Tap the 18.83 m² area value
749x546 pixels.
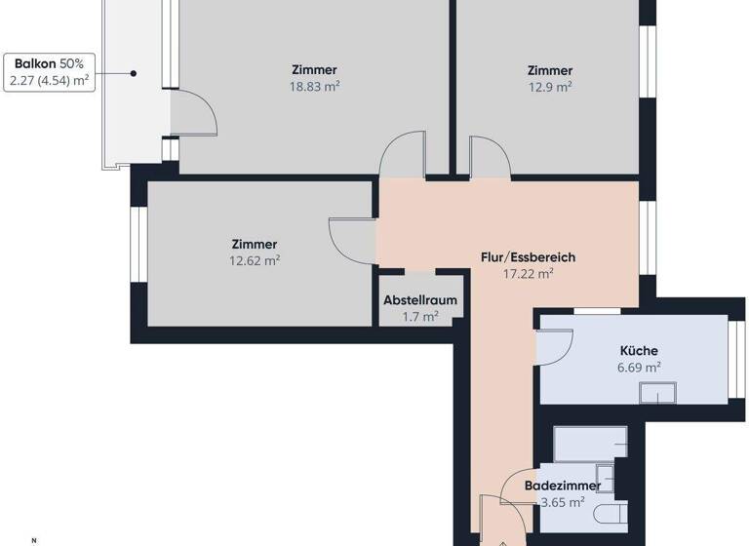click(x=314, y=87)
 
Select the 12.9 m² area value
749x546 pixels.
click(x=549, y=87)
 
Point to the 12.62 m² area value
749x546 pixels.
click(x=254, y=260)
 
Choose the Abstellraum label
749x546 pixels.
click(x=420, y=300)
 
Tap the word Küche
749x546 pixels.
click(x=638, y=351)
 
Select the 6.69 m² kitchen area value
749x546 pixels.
click(x=638, y=368)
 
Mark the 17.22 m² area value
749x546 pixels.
click(x=528, y=274)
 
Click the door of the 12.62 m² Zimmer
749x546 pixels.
click(x=352, y=237)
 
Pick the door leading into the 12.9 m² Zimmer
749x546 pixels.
click(x=488, y=156)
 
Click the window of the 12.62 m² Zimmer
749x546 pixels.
click(x=138, y=254)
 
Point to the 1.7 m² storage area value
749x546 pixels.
click(x=420, y=317)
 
